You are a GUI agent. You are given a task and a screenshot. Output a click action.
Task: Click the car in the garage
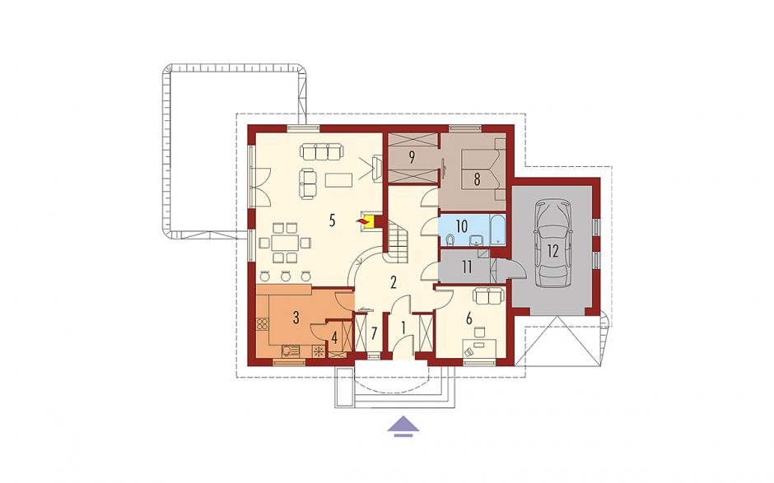click(x=553, y=244)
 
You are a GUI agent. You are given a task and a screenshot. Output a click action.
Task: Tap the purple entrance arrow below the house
click(x=403, y=425)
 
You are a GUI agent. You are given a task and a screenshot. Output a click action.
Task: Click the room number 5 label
click(x=332, y=221)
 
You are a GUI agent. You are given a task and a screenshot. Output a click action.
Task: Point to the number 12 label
click(x=553, y=251)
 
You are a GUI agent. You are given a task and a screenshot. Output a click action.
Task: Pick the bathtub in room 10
click(x=497, y=230)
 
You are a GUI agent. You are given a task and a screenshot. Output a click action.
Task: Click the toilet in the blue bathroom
click(x=450, y=240)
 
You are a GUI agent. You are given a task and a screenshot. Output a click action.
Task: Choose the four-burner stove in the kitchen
click(x=263, y=324)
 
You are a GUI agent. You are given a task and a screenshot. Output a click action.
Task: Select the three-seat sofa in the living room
click(x=321, y=151)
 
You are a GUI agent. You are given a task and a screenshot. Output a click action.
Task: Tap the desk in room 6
click(x=479, y=348)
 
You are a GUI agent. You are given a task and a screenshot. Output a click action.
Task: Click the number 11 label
click(x=467, y=267)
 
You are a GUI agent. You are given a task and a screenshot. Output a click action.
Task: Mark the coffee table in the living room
click(x=338, y=179)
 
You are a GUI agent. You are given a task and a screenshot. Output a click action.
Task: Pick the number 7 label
click(x=374, y=333)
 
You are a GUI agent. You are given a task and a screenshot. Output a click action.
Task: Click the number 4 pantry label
click(x=334, y=338)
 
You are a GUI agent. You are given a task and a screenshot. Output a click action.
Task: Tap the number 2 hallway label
click(x=394, y=282)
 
